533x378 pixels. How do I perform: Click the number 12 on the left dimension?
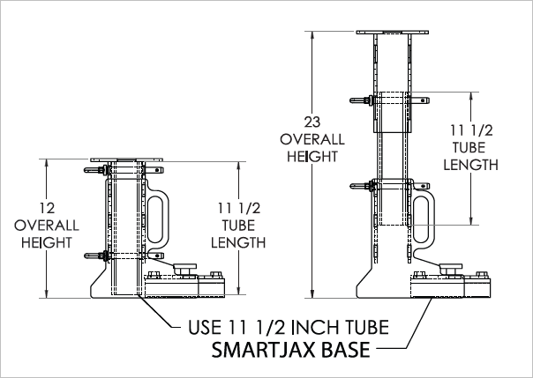(x=49, y=209)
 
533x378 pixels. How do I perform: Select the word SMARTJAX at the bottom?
(x=262, y=351)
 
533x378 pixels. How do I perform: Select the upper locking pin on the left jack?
(x=96, y=170)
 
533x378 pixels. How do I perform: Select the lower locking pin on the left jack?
(x=96, y=256)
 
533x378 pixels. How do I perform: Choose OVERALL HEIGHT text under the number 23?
(x=309, y=148)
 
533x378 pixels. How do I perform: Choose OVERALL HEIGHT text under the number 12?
(x=48, y=233)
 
